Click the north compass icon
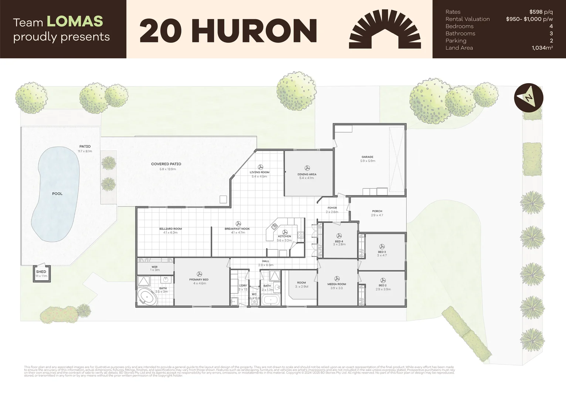tap(529, 98)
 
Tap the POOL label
tap(57, 194)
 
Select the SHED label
tap(41, 272)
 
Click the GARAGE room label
tap(367, 157)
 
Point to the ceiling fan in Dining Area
tap(307, 168)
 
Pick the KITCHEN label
tap(285, 236)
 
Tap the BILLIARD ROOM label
tap(170, 229)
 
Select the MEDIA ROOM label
tap(336, 284)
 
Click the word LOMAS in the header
tap(75, 21)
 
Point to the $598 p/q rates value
tap(541, 12)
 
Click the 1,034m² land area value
tap(542, 48)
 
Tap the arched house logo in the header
tap(385, 30)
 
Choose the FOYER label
tap(332, 208)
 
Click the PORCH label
tap(377, 211)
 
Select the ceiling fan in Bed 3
tap(382, 246)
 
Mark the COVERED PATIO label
tap(166, 164)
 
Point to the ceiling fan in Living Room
tap(260, 167)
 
